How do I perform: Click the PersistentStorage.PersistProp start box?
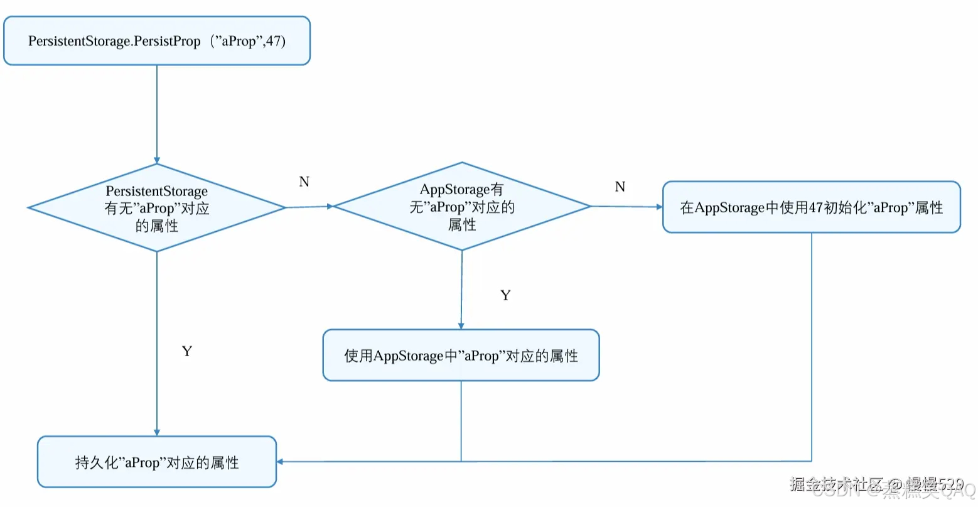tap(157, 41)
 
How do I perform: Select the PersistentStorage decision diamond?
tap(157, 208)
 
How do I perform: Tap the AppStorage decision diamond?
tap(462, 207)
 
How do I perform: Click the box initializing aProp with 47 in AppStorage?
tap(811, 207)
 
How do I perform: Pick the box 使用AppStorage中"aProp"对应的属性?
tap(461, 356)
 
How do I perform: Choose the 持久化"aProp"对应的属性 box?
tap(157, 462)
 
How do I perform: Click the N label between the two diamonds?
tap(304, 182)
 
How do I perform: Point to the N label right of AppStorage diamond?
tap(620, 187)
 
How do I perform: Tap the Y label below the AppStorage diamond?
tap(505, 295)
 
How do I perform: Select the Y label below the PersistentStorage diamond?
tap(186, 351)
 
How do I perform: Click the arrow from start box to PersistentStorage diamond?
tap(157, 113)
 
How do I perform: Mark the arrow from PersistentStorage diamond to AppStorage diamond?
tap(309, 207)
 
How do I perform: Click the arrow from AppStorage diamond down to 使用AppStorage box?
tap(461, 289)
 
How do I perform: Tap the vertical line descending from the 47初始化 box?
tap(812, 346)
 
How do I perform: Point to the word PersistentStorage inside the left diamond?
tap(156, 191)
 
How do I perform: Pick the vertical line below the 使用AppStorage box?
tap(461, 421)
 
